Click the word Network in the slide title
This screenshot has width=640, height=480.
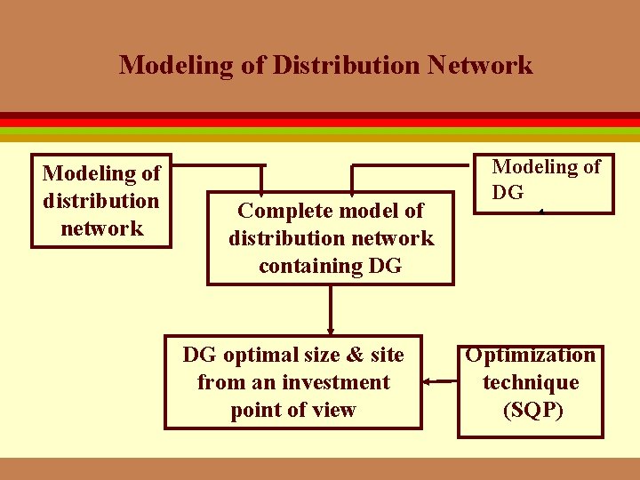click(486, 65)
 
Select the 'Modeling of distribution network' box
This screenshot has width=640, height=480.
click(101, 200)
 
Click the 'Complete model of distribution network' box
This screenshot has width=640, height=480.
click(331, 238)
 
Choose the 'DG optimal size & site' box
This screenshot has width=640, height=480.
click(293, 382)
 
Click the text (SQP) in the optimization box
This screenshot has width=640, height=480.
click(532, 411)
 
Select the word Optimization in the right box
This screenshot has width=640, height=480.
click(531, 356)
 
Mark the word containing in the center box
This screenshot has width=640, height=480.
click(311, 266)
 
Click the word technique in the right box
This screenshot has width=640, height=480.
click(531, 383)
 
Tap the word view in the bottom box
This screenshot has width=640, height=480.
click(337, 410)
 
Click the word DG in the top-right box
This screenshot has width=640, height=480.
click(508, 193)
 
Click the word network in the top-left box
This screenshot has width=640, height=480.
click(101, 228)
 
